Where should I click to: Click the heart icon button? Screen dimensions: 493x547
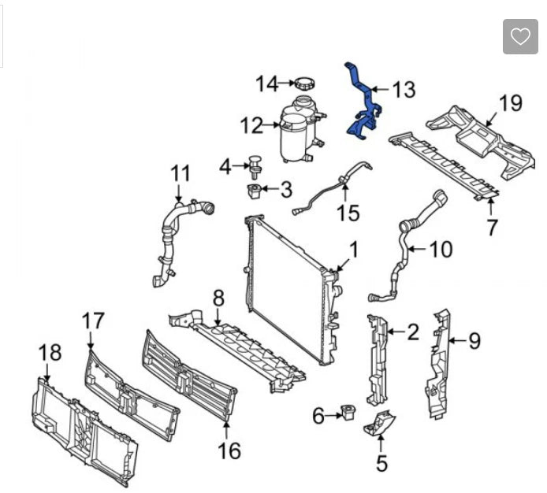click(x=520, y=36)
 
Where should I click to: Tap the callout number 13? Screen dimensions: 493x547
click(x=403, y=90)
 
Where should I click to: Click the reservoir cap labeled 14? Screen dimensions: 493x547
click(x=304, y=83)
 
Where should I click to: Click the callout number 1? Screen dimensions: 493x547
click(x=354, y=250)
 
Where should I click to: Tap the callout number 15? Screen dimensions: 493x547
click(x=348, y=213)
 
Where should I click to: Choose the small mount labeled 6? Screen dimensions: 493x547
click(x=346, y=413)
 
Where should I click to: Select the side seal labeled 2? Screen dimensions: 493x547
click(x=376, y=358)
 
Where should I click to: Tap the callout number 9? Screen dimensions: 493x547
click(x=474, y=341)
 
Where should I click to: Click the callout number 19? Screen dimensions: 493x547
click(x=511, y=102)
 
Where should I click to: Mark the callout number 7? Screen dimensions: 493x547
click(x=492, y=228)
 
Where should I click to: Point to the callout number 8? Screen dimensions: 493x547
click(x=218, y=298)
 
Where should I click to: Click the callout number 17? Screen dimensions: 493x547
click(x=92, y=321)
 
